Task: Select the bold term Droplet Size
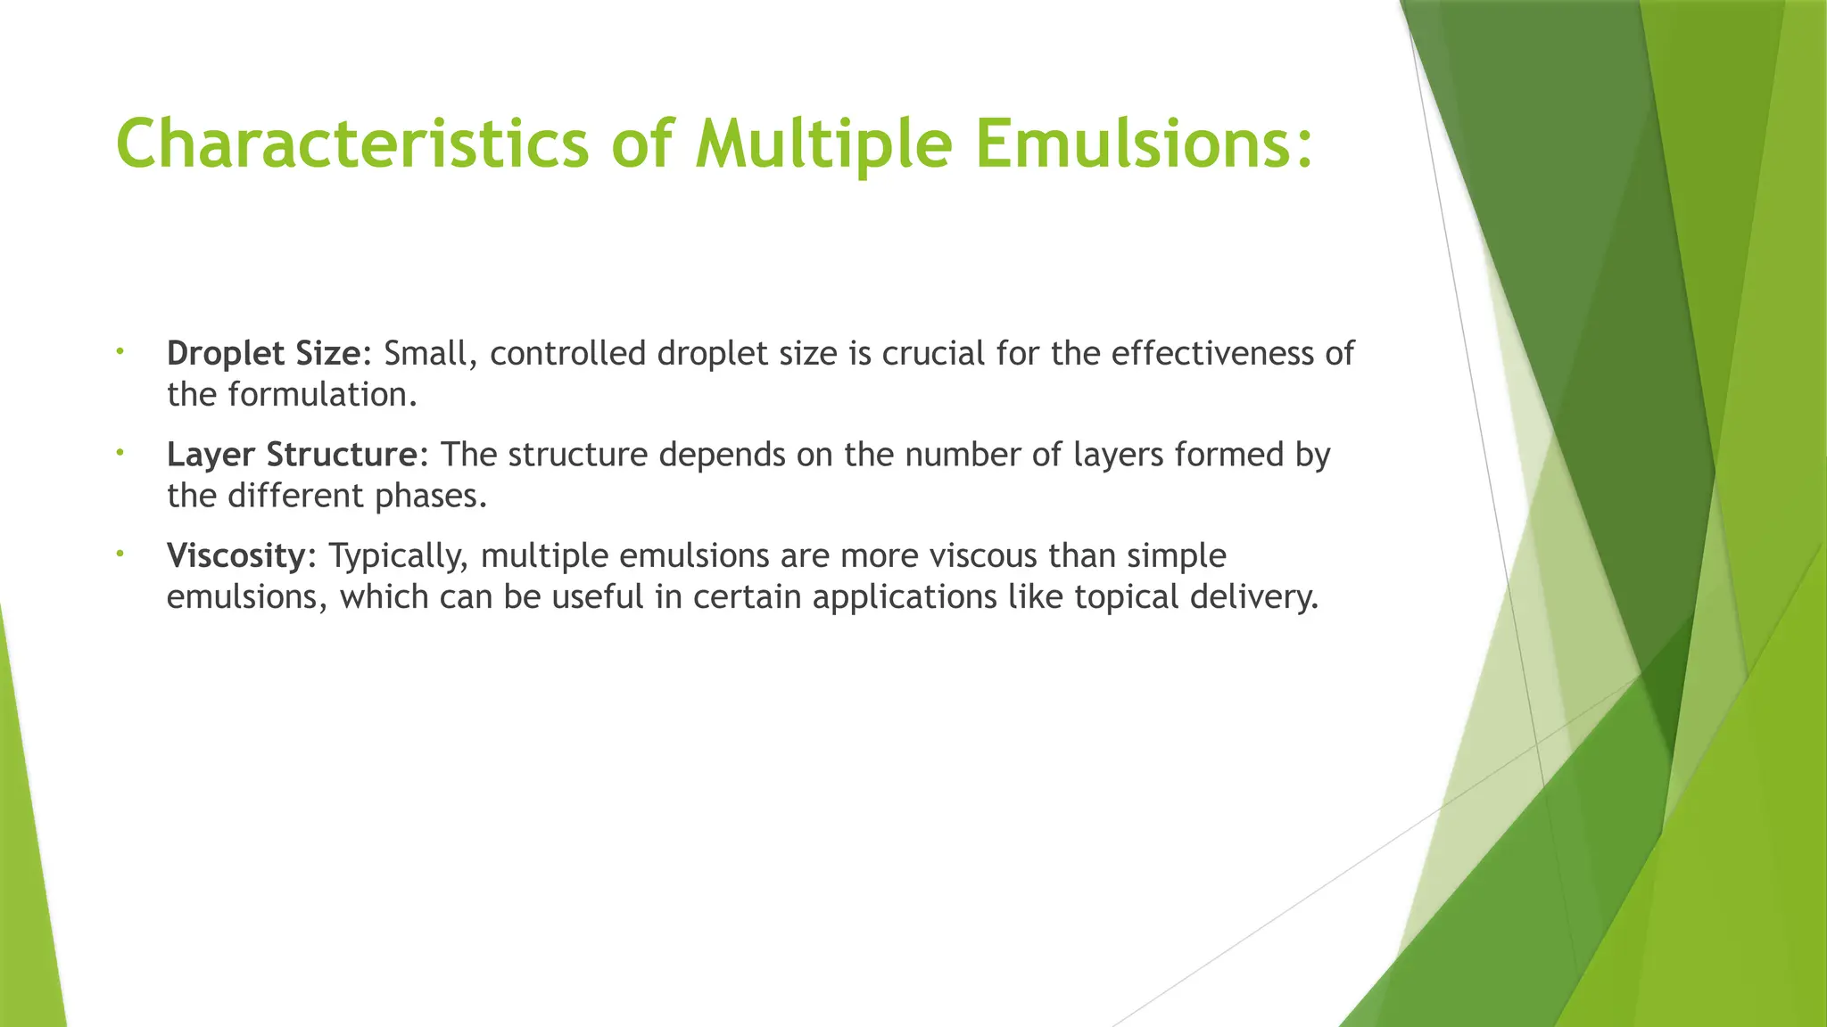(263, 354)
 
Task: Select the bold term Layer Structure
(291, 455)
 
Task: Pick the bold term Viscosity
(236, 555)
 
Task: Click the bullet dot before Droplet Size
(119, 353)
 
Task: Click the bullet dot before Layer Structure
(119, 454)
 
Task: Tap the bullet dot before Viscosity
(119, 555)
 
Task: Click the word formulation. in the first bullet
(322, 395)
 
